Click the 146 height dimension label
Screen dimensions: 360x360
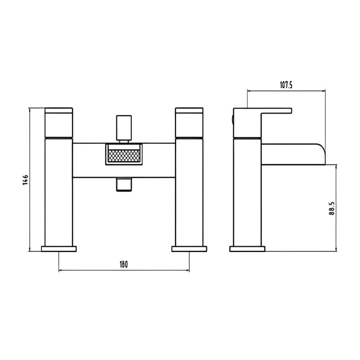[x=25, y=180]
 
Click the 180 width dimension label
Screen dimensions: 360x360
[x=123, y=265]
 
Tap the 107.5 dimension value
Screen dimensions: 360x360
[x=286, y=85]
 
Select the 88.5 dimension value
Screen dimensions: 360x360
[x=332, y=208]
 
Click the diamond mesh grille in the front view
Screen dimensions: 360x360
[x=124, y=156]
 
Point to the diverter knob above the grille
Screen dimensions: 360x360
[x=124, y=128]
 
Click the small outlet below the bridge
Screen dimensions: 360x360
[x=124, y=184]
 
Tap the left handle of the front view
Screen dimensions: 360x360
[x=59, y=122]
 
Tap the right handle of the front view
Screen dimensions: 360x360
[x=189, y=122]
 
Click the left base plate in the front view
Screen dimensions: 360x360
[x=59, y=249]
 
